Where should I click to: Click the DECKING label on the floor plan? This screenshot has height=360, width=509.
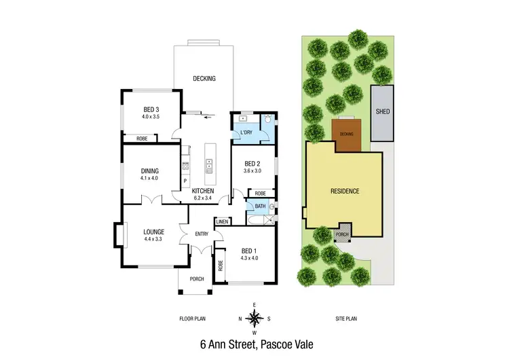pos(204,79)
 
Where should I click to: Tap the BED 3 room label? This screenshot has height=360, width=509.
pos(151,110)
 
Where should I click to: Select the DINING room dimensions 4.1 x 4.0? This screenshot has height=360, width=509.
pos(149,178)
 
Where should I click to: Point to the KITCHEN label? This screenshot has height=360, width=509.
pos(202,191)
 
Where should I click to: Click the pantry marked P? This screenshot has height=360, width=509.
pos(185,181)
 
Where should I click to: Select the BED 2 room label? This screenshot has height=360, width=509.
pos(253,163)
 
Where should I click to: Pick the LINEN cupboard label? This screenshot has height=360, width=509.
pos(222,221)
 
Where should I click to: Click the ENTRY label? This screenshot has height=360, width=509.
pos(202,234)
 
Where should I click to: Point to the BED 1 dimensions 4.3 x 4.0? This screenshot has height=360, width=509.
pos(250,258)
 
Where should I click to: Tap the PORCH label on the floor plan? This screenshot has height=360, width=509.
pos(197,279)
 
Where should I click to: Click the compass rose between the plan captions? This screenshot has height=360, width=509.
pos(254,318)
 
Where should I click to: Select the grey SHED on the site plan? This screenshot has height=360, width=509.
pos(382,113)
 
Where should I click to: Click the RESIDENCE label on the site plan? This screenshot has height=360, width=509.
pos(345,191)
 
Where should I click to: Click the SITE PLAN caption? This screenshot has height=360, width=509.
pos(346,318)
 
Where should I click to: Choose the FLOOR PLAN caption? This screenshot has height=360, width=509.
pos(192,318)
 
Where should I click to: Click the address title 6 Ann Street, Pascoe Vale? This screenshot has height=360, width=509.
pos(253,344)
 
